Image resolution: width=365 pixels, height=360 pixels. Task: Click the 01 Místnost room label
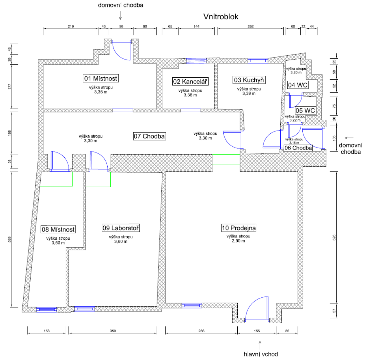point(101,78)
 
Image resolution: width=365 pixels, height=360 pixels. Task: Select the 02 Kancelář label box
point(190,81)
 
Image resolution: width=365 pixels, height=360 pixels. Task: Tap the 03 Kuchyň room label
point(249,80)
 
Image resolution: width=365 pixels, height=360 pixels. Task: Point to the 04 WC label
point(298,85)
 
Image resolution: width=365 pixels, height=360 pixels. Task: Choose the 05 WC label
point(305,110)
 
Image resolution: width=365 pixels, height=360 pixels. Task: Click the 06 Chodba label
point(298,148)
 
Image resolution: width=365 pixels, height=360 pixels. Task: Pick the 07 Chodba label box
point(149,136)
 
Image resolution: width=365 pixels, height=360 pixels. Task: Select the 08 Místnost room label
point(58,229)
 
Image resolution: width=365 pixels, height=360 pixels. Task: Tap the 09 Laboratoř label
point(121,228)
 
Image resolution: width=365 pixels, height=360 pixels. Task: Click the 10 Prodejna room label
point(239,228)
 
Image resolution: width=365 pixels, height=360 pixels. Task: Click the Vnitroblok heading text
point(221,17)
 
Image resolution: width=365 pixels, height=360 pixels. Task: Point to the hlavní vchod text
point(261,354)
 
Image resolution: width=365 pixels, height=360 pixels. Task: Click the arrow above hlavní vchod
point(260,345)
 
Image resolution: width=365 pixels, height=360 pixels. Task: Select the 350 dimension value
point(113,331)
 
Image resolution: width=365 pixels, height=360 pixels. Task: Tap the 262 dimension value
point(251,26)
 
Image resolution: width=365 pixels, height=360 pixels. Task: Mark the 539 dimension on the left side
point(10,239)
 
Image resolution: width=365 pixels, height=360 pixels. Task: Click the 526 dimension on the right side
point(334,237)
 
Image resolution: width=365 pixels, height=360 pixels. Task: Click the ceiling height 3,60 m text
point(121,241)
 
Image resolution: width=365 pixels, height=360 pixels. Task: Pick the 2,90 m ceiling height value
point(238,241)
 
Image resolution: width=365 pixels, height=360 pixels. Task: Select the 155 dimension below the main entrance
point(257,331)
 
